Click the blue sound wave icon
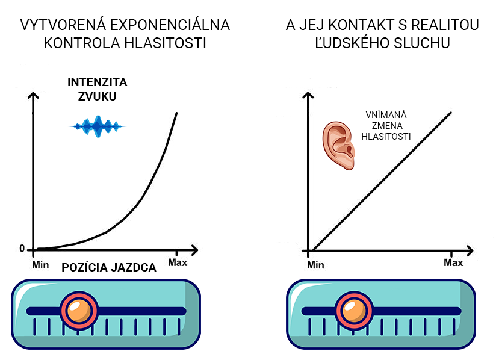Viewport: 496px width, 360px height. click(x=98, y=126)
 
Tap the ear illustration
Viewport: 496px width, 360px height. click(x=337, y=145)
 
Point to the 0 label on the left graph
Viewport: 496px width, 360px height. click(x=22, y=249)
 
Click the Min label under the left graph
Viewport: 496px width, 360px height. click(x=40, y=264)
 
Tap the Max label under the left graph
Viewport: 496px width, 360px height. click(x=177, y=263)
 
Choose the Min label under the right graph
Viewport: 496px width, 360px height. click(x=315, y=264)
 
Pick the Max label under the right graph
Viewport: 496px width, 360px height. click(x=453, y=262)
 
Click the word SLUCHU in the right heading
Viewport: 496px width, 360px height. click(x=429, y=43)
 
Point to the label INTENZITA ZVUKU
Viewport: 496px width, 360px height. click(x=97, y=88)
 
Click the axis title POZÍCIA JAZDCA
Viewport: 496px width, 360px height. click(x=109, y=268)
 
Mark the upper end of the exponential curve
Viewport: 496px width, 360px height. click(x=176, y=113)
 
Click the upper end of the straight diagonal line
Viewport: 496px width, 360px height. click(x=451, y=111)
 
